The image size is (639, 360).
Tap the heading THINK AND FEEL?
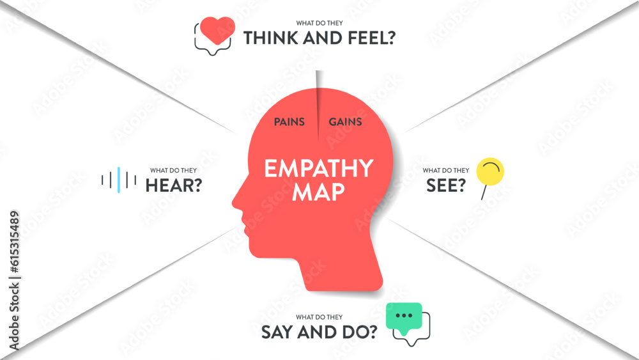click(319, 38)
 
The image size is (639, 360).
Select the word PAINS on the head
click(289, 121)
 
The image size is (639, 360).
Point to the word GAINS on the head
click(345, 121)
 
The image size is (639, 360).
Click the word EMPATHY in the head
click(318, 168)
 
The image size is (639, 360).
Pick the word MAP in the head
click(318, 192)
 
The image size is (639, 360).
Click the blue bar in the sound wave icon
click(119, 180)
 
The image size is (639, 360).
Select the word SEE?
click(445, 186)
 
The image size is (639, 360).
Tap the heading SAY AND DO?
click(318, 332)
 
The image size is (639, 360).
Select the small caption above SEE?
click(446, 171)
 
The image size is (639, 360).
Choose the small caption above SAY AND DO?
click(319, 317)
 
